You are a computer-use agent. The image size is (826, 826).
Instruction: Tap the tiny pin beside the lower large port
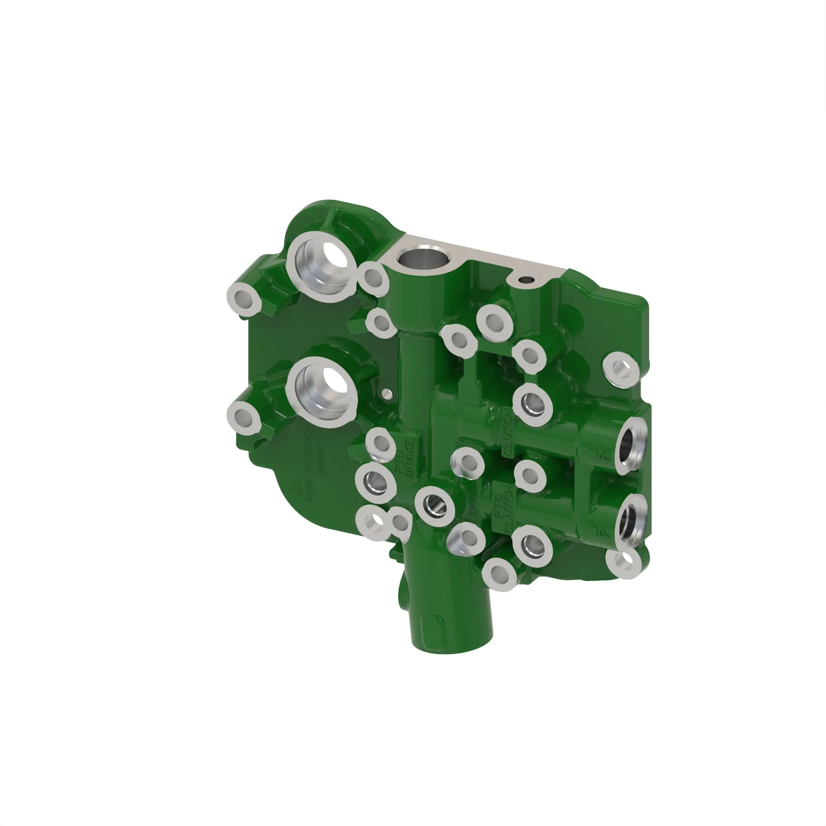[x=386, y=393]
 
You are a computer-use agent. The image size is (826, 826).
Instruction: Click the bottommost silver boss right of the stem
[x=499, y=574]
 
